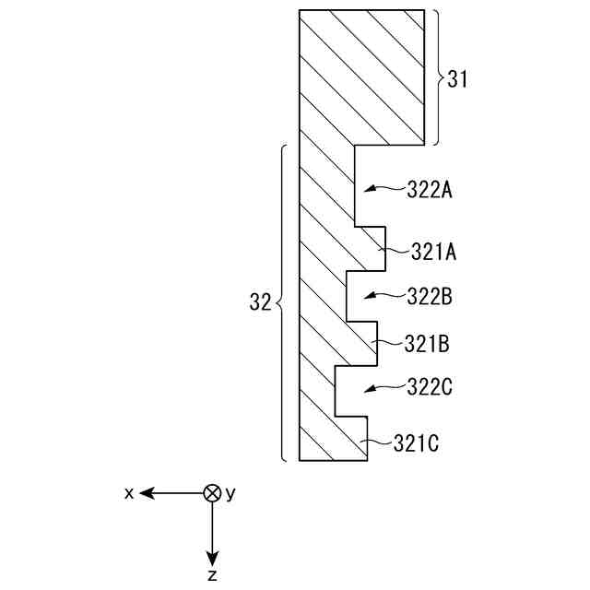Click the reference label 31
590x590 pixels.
point(458,79)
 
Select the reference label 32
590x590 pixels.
point(260,302)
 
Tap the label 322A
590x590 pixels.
point(429,190)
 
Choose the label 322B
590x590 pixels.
point(429,297)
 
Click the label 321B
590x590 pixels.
point(427,344)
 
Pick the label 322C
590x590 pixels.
point(429,387)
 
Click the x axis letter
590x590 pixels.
point(129,493)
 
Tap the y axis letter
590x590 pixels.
point(230,494)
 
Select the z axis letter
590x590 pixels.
point(212,575)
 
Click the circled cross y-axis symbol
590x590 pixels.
point(212,493)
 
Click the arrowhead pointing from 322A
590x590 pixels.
point(365,189)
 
